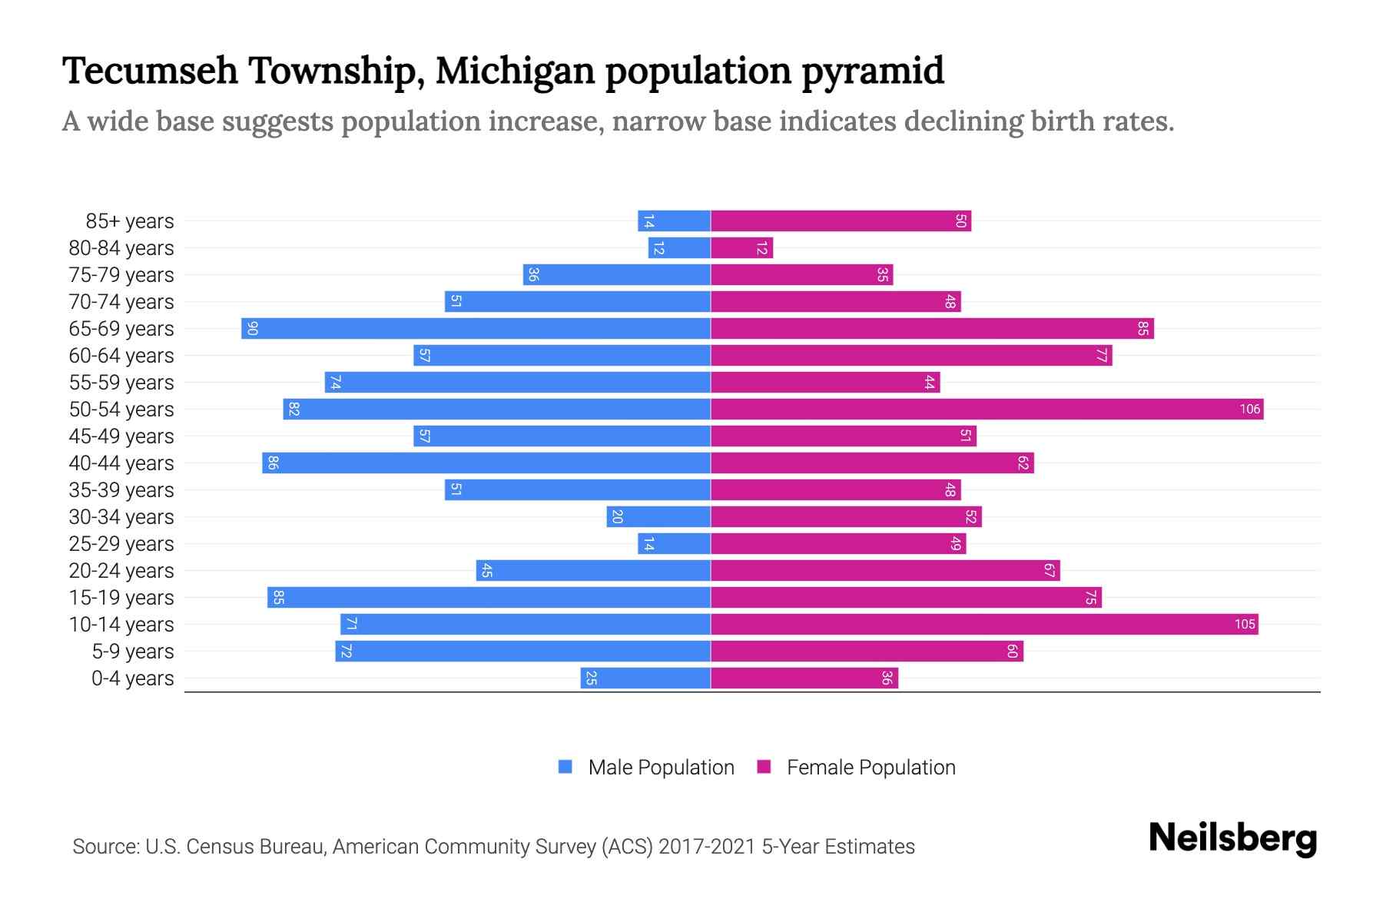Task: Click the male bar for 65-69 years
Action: tap(476, 329)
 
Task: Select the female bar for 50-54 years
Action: tap(987, 410)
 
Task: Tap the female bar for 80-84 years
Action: tap(741, 248)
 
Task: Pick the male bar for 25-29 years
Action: tap(675, 544)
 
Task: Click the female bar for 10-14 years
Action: tap(983, 625)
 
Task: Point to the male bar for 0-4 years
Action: tap(645, 678)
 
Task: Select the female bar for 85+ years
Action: tap(841, 221)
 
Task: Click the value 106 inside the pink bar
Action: tap(1249, 410)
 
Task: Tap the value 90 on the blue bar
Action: tap(252, 329)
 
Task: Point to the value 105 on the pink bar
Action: tap(1245, 625)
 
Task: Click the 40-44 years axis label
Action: tap(121, 463)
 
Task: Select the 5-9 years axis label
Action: tap(133, 652)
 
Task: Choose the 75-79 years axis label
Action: tap(121, 275)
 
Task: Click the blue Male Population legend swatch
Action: tap(565, 767)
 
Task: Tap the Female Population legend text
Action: tap(871, 768)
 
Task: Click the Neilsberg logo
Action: tap(1232, 838)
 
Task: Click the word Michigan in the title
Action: tap(515, 71)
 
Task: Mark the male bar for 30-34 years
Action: tap(658, 517)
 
